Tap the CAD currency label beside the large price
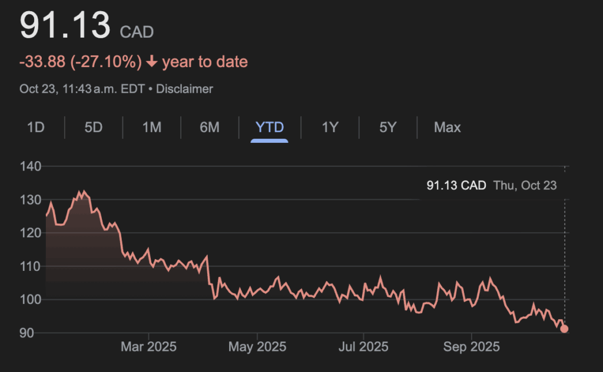coord(137,32)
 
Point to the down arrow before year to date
coord(152,62)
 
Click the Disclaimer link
coord(184,89)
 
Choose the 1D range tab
coord(36,127)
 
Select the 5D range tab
coord(93,127)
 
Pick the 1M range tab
coord(152,127)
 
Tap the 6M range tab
coord(209,127)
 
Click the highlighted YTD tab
coord(270,127)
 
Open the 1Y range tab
coord(330,127)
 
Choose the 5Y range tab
coord(387,127)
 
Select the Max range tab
coord(448,127)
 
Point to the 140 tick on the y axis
coord(31,167)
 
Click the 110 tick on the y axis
coord(31,267)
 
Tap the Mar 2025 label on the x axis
coord(148,347)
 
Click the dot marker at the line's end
coord(564,329)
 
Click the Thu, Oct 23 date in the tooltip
coord(525,186)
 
